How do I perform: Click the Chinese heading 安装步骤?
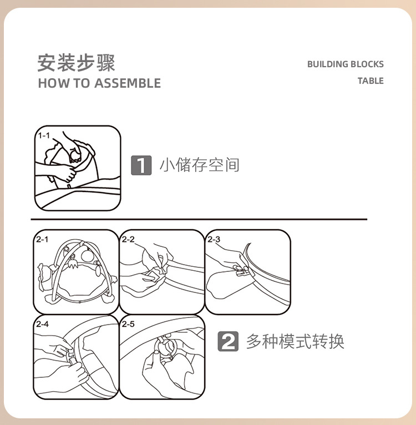coord(76,63)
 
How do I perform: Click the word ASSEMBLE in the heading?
coord(128,83)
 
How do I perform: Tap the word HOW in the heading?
coord(49,83)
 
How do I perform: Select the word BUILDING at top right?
coord(328,64)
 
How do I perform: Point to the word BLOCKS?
coord(367,64)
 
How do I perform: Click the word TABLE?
coord(371,81)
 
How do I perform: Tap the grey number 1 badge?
coord(141,165)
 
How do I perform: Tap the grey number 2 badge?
coord(228,341)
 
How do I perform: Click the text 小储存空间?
coord(200,165)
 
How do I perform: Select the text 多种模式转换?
coord(295,341)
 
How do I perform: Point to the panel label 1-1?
coord(44,135)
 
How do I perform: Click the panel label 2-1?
coord(42,239)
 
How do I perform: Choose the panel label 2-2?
coord(128,239)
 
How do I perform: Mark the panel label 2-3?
coord(214,239)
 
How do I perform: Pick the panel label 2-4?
coord(42,324)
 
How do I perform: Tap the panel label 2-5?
coord(128,324)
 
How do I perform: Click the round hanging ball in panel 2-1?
coord(87,256)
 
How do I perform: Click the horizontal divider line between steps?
coord(199,219)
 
